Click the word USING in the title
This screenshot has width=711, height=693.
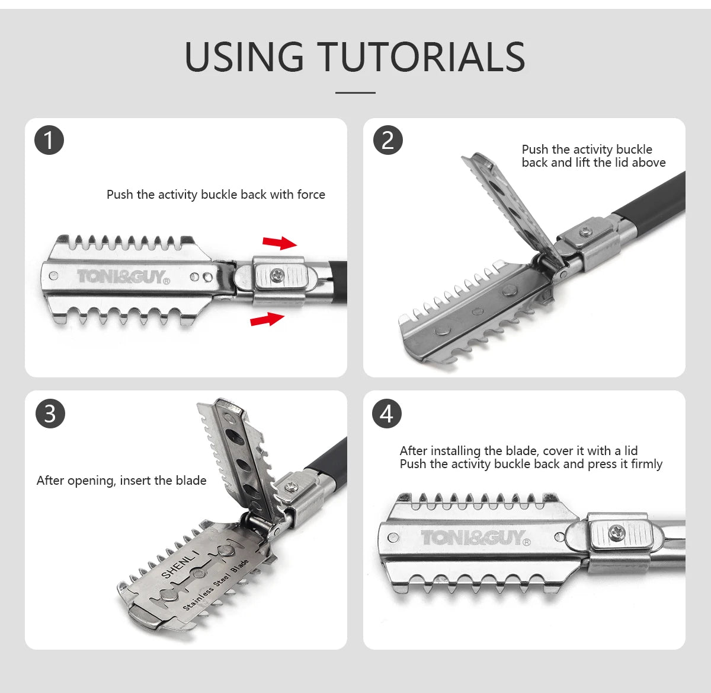click(244, 56)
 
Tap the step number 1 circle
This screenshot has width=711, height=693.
click(49, 140)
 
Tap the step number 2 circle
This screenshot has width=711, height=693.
click(387, 140)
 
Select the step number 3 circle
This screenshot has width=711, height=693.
click(50, 414)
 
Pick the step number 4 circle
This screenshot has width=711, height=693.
click(386, 414)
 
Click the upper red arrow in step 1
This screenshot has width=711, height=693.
click(280, 243)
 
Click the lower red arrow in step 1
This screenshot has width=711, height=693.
click(267, 319)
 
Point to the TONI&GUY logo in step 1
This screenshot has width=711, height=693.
click(123, 277)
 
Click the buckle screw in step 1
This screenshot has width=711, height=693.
click(276, 274)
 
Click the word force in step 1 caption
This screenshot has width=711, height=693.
click(311, 194)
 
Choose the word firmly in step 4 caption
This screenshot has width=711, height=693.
click(646, 464)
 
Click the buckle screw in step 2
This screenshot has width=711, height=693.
click(586, 231)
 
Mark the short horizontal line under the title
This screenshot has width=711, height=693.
click(355, 93)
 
